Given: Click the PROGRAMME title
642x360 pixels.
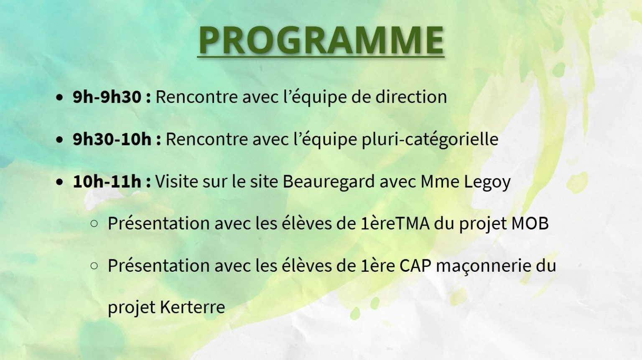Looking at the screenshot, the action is pyautogui.click(x=321, y=40).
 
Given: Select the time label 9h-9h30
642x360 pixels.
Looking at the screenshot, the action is pyautogui.click(x=107, y=97).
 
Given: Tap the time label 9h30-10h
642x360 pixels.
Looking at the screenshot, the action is pyautogui.click(x=112, y=139).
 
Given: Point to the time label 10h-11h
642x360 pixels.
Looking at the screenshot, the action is pyautogui.click(x=107, y=181).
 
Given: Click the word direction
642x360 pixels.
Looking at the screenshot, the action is pyautogui.click(x=411, y=97).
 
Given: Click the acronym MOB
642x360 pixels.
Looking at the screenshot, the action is pyautogui.click(x=530, y=224).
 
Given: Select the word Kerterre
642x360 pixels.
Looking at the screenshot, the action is pyautogui.click(x=192, y=307).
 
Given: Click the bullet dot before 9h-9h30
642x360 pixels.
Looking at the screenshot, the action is pyautogui.click(x=59, y=97).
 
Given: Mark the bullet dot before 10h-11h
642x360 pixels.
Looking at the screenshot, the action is pyautogui.click(x=59, y=182).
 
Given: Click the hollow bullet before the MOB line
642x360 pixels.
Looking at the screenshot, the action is pyautogui.click(x=94, y=224).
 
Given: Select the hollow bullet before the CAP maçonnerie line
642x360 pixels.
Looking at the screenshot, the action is pyautogui.click(x=94, y=266).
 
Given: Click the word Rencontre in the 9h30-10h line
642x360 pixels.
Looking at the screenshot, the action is pyautogui.click(x=207, y=139).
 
